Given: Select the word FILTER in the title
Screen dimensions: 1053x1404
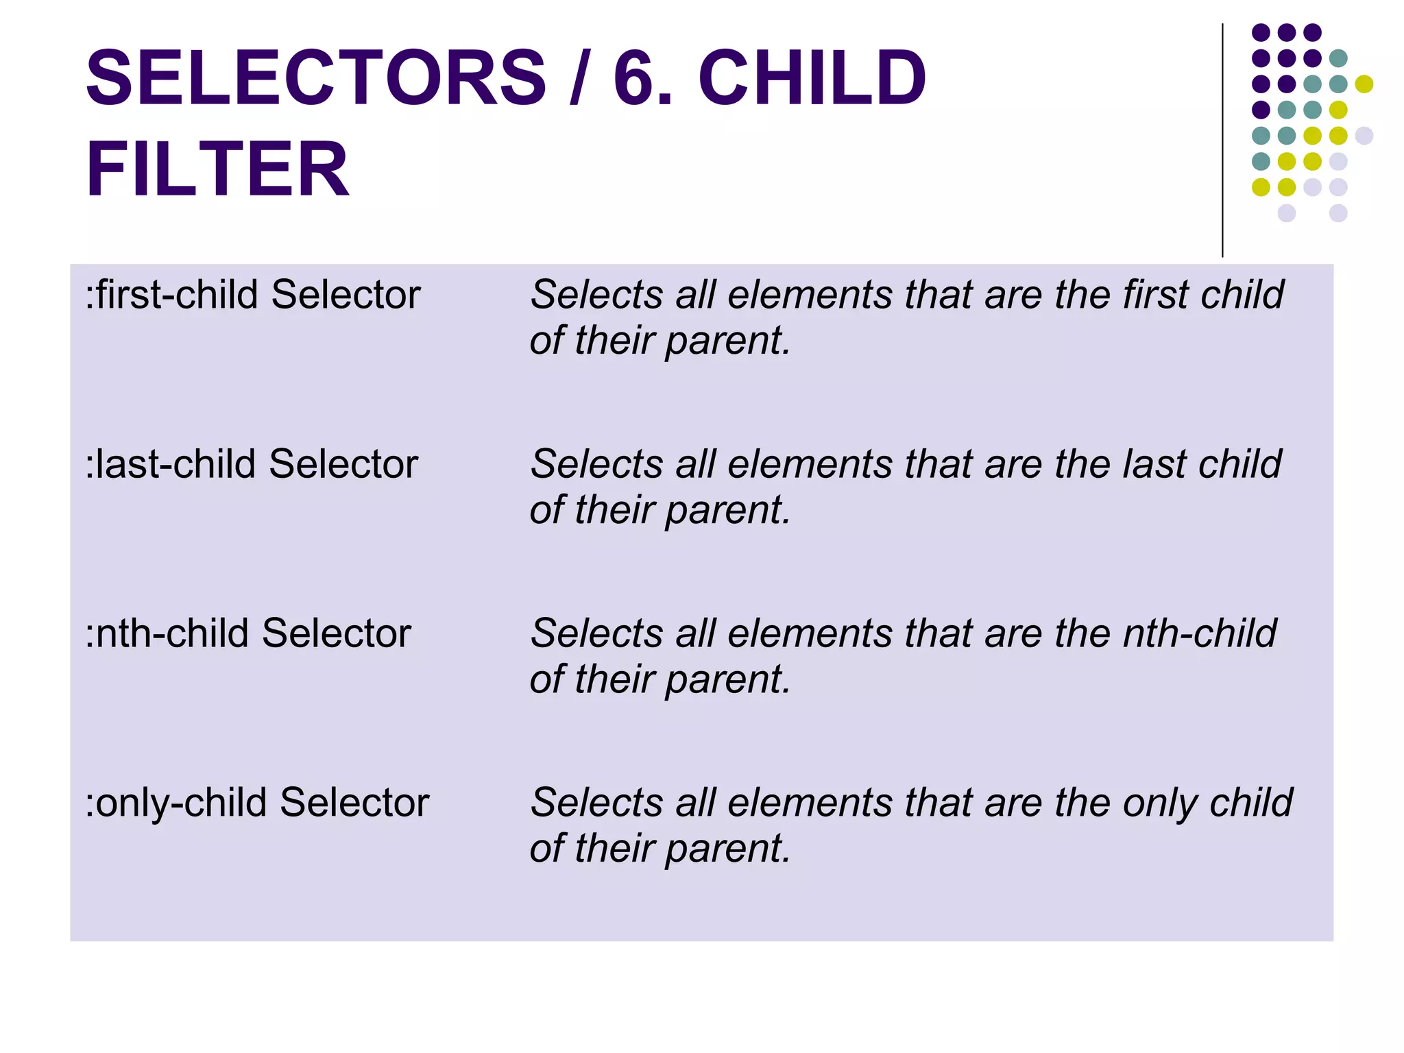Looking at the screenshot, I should (x=217, y=169).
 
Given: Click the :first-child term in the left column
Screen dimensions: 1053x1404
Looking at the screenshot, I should (x=175, y=295).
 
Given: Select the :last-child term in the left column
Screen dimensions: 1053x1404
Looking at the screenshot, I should (x=174, y=464).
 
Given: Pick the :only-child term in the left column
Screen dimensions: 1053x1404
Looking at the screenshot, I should (x=180, y=802).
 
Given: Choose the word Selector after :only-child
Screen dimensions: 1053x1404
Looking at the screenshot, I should (x=354, y=802).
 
